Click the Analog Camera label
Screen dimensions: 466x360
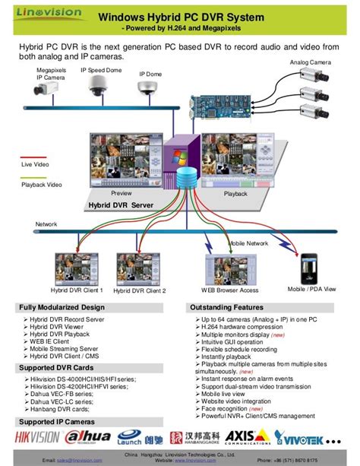[310, 62]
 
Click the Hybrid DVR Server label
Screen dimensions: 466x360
[121, 205]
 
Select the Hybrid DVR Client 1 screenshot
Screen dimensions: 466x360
[76, 267]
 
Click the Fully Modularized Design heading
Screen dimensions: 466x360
[61, 307]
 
